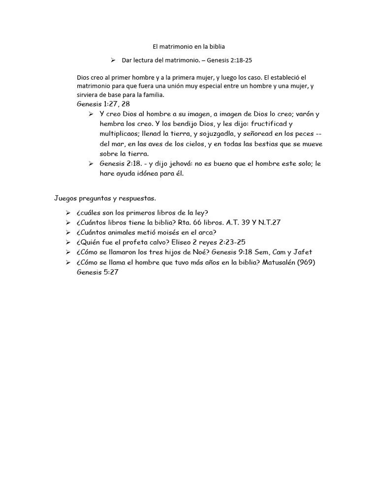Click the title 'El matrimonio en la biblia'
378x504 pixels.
pos(189,47)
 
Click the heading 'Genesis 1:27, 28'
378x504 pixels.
pos(103,104)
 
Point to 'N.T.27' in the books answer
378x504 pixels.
pos(269,222)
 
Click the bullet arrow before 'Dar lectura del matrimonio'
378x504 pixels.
pos(112,60)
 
